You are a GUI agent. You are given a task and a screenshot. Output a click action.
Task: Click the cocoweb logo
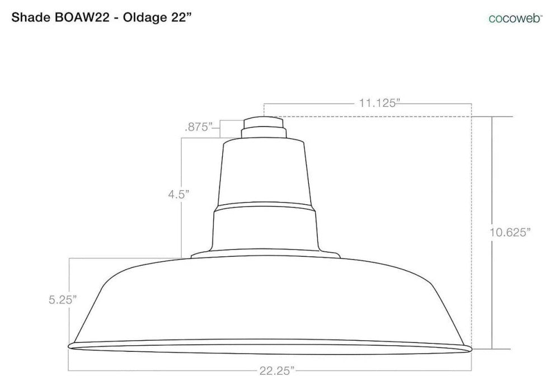(515, 18)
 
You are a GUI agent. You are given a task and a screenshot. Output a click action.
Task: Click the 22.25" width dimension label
(276, 371)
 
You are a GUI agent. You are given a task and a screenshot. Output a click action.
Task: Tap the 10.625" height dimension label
(510, 232)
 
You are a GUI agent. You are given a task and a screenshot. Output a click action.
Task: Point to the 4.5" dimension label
(179, 194)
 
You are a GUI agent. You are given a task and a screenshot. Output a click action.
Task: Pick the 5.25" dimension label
(63, 300)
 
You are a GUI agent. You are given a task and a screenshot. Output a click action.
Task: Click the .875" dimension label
(198, 127)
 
